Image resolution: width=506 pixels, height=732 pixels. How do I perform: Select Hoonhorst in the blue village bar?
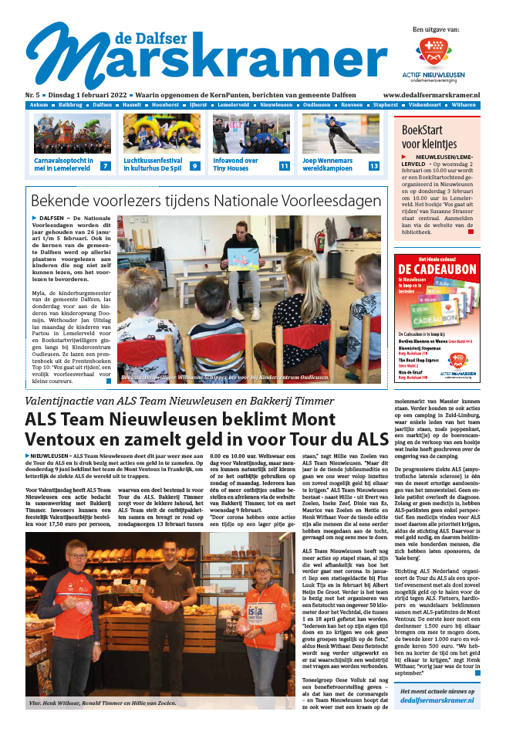tap(165, 103)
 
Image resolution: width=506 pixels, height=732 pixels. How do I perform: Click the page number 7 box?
tap(106, 165)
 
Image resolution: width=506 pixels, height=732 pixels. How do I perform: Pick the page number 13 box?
tap(373, 165)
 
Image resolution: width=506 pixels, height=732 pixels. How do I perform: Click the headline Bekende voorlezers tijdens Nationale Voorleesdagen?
tap(206, 201)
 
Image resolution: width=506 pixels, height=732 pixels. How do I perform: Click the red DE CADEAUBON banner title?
tap(436, 269)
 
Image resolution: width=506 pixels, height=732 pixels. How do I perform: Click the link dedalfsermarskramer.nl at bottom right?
tap(436, 700)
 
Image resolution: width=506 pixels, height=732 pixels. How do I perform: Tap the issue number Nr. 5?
tap(34, 93)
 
